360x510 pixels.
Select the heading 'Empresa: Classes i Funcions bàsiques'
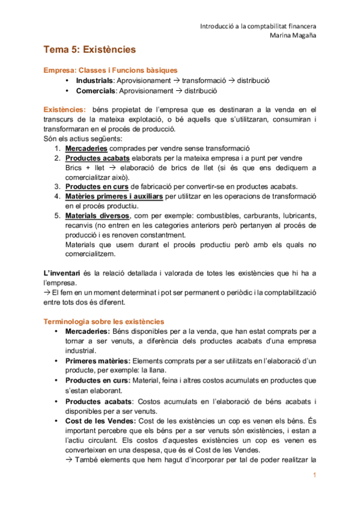110,70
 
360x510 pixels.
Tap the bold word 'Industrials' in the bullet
96,81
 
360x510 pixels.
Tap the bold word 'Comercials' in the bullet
96,91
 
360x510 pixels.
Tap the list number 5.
56,215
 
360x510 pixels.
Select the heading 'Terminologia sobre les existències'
104,322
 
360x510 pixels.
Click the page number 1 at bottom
314,476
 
